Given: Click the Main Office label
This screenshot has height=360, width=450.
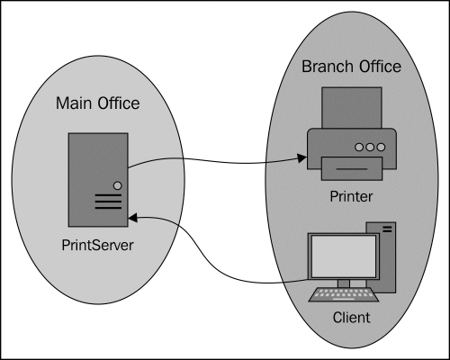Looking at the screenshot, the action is (98, 103).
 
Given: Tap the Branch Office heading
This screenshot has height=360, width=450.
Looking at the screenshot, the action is (351, 67).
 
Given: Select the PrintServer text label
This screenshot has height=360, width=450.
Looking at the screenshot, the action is (97, 245).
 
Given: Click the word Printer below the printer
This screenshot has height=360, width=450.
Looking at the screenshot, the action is (351, 196).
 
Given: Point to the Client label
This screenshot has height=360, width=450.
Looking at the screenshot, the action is (351, 318).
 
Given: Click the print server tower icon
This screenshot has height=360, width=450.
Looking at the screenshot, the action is (98, 180).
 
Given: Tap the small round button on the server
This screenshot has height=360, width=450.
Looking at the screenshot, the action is (118, 185).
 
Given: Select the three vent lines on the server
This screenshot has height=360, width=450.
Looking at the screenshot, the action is (108, 202).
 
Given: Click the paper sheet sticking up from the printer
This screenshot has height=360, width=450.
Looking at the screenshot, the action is (352, 108).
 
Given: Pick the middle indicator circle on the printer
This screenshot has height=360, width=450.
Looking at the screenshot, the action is (370, 147).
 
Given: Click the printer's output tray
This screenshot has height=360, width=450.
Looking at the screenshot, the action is (352, 168).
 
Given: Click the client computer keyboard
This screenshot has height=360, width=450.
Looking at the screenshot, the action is (344, 295).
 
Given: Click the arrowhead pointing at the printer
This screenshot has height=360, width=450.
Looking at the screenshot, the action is (301, 157).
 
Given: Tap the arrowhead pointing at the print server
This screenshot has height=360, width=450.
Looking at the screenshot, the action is (133, 218).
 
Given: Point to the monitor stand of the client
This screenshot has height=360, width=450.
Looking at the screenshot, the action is (344, 283).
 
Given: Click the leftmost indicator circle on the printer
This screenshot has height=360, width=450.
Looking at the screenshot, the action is (359, 147).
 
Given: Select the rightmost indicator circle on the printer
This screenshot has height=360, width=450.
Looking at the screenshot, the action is (381, 147).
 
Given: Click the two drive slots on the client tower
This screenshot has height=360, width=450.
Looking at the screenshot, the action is (387, 229).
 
